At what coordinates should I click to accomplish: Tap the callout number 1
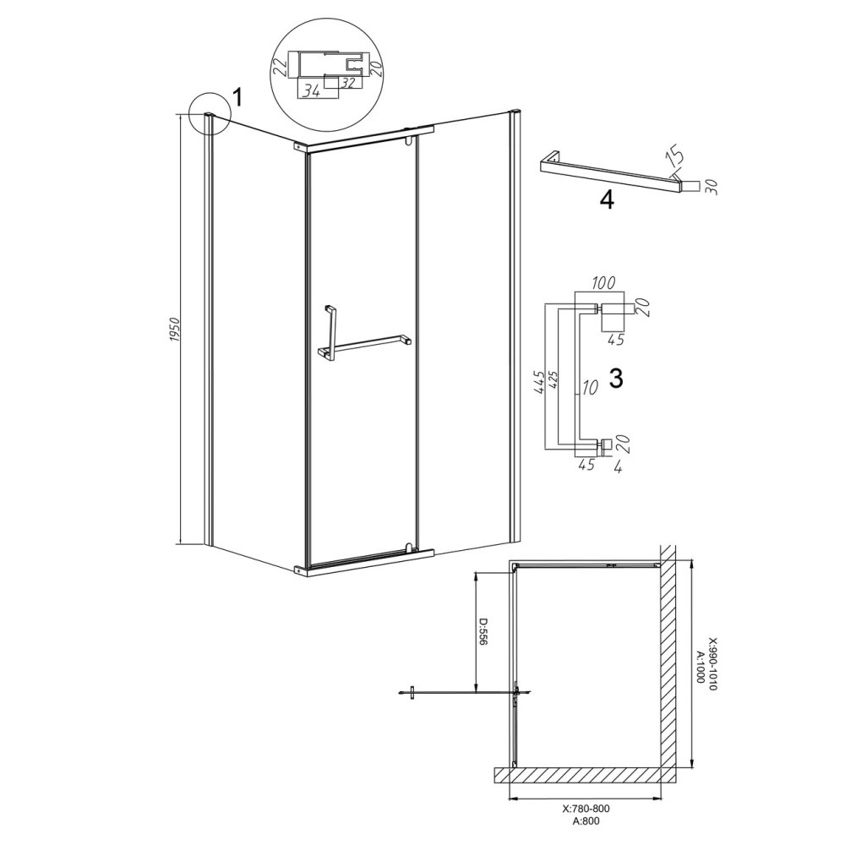pos(237,98)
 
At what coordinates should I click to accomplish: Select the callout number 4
pos(607,200)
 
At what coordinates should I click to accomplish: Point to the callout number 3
pos(615,379)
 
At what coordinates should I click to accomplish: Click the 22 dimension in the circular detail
pos(280,68)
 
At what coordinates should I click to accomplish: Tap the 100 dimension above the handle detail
pos(603,283)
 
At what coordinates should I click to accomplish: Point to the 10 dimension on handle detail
pos(590,388)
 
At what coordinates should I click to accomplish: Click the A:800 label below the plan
pos(586,820)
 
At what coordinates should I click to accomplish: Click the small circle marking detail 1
pos(209,113)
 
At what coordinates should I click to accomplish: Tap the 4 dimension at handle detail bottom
pos(618,466)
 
